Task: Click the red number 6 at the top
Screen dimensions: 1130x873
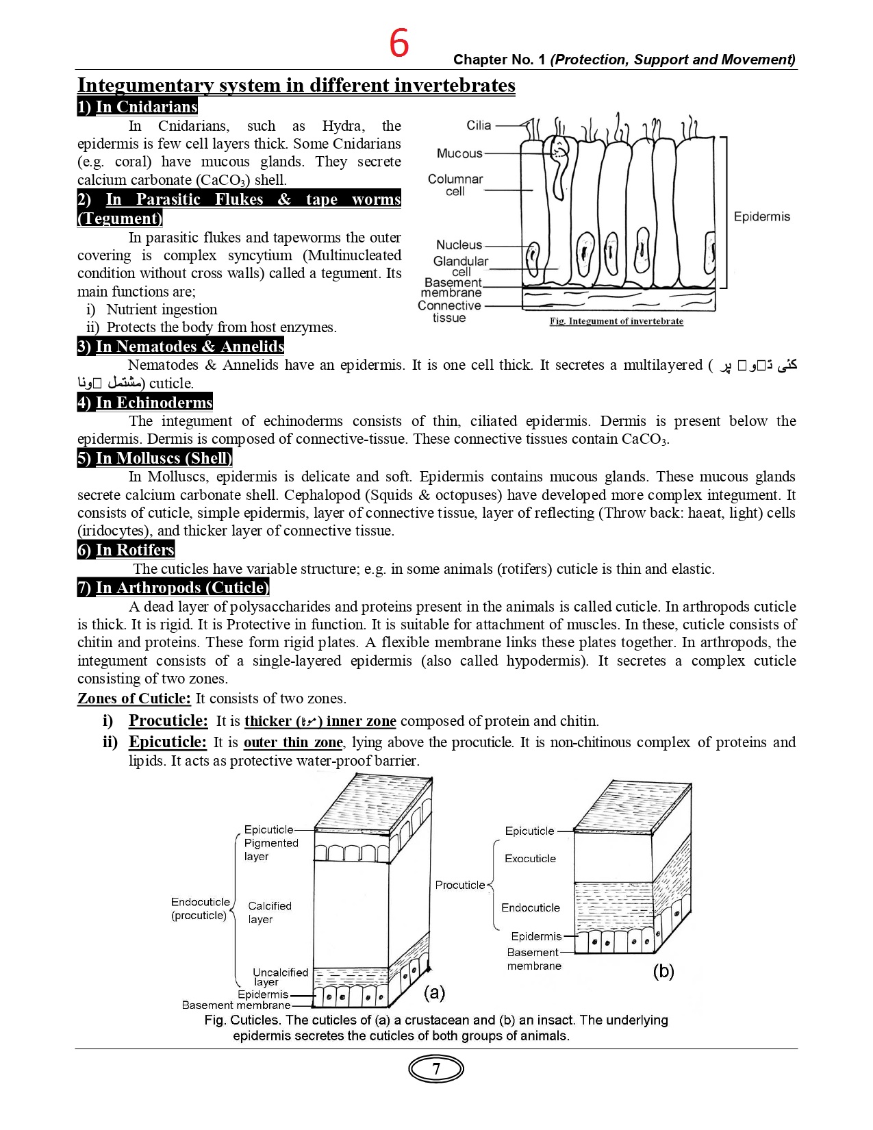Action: click(399, 43)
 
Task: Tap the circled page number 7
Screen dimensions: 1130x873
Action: click(436, 1069)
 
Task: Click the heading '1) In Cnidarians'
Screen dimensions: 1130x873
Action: click(138, 107)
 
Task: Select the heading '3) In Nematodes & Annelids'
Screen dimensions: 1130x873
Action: click(181, 347)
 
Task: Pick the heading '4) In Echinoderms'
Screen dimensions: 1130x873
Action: click(145, 403)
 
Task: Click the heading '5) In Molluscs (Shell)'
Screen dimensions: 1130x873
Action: click(155, 458)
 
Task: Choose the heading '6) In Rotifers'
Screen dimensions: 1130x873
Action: click(126, 550)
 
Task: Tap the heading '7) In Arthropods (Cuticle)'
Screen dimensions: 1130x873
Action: click(173, 588)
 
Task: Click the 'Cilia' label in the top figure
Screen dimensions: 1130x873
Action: click(479, 125)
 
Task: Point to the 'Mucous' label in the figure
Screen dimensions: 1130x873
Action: click(459, 153)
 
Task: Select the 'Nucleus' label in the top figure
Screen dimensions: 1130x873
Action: click(459, 244)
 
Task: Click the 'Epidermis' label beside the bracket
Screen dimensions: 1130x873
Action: click(761, 216)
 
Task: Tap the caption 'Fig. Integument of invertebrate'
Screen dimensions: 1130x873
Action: click(616, 321)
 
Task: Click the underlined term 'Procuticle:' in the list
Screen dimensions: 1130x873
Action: click(168, 720)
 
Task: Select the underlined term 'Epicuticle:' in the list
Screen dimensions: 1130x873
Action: click(167, 742)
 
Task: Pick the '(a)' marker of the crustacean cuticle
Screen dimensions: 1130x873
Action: click(435, 992)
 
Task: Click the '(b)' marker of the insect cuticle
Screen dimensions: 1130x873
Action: click(663, 970)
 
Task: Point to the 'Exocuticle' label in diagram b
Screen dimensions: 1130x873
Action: click(530, 858)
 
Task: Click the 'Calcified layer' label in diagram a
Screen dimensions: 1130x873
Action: click(269, 912)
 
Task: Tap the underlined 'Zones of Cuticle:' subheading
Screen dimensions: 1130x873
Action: click(134, 699)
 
